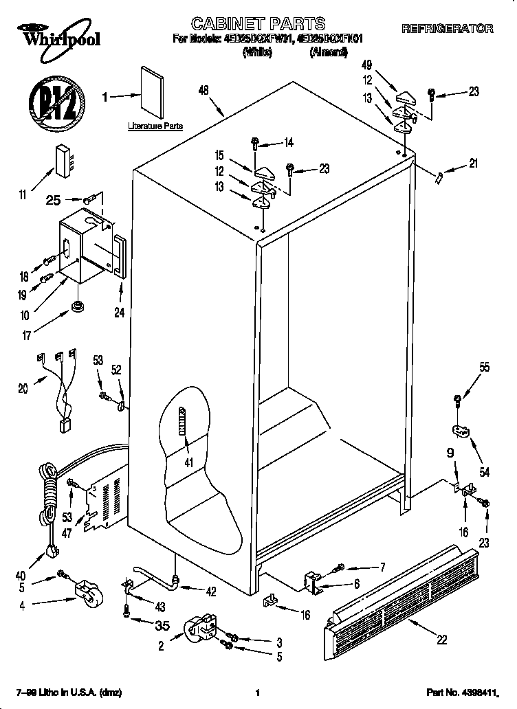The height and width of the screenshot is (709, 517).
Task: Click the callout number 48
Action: click(x=203, y=89)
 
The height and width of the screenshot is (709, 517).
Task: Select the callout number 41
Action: click(x=188, y=462)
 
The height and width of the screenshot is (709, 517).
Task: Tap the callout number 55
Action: click(x=485, y=368)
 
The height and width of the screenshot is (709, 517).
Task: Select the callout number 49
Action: click(x=368, y=66)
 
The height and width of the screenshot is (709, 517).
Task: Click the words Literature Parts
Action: click(x=155, y=126)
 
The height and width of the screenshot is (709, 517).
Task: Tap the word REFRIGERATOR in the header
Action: click(x=447, y=29)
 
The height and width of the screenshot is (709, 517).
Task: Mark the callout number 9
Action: click(x=450, y=453)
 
